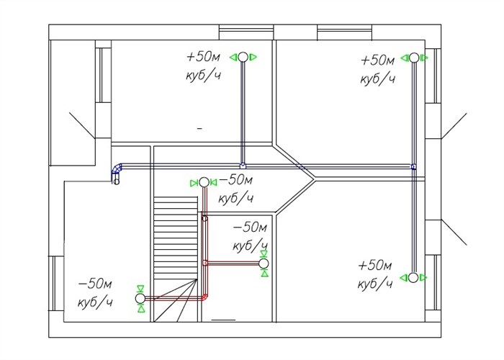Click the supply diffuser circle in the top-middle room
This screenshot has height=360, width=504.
tap(243, 57)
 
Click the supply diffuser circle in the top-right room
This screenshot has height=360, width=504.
tap(414, 58)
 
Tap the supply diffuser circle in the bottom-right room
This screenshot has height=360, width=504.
tap(413, 278)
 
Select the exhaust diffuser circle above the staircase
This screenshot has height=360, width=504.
tap(204, 183)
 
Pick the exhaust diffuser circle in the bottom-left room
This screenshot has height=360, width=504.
tap(140, 299)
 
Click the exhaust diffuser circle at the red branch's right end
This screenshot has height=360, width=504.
tap(264, 264)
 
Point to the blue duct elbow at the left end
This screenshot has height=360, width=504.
tap(116, 169)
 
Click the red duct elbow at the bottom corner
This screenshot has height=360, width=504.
tap(204, 297)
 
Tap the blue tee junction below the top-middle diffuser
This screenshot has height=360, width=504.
tap(243, 166)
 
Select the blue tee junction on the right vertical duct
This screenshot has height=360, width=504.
tap(414, 166)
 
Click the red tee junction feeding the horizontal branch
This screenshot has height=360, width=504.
tap(204, 264)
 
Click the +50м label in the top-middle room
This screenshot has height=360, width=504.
tap(204, 57)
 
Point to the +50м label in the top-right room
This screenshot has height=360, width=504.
tap(378, 60)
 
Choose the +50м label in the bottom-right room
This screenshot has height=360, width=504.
tap(375, 266)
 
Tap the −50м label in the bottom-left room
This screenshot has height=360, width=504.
tap(95, 284)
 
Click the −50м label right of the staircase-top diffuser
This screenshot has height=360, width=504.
tap(236, 180)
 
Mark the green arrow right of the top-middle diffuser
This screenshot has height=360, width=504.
tap(253, 57)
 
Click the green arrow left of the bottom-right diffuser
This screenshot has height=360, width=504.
tap(404, 278)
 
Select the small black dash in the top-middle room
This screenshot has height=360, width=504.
tap(199, 129)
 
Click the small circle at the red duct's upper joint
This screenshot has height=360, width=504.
tap(204, 219)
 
